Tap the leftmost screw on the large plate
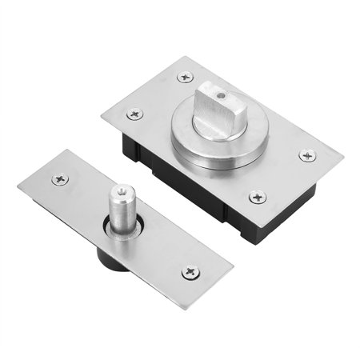[x=135, y=114]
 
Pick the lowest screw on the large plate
[x=257, y=196]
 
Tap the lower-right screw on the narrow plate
[x=190, y=273]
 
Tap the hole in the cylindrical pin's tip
[x=121, y=191]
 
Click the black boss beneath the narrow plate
[x=107, y=261]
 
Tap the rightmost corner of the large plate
[x=343, y=153]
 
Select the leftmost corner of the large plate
[x=102, y=118]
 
